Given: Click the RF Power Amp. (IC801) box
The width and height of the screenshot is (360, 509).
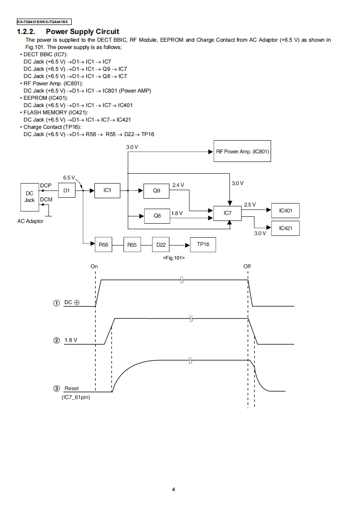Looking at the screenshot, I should coord(242,152).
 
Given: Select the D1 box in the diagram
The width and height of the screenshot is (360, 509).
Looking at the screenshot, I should coord(67,191).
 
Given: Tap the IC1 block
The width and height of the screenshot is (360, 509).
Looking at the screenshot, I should coord(107,191).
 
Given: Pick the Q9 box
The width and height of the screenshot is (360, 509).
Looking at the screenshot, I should coord(156,191).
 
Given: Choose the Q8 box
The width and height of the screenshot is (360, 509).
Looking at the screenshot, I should coord(157,216).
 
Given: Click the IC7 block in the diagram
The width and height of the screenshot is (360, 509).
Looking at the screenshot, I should coord(228,212).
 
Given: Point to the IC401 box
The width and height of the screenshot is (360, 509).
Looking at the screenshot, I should coord(286,210).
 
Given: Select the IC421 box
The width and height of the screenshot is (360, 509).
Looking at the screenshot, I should coord(286,228).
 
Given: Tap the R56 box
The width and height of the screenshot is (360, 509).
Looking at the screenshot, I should coord(104,245).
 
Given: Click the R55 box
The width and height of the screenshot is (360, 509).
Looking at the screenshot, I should coord(132,245).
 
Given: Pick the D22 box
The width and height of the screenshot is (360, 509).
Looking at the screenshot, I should coord(161,245).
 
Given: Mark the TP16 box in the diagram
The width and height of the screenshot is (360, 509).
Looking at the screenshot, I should coord(203,245).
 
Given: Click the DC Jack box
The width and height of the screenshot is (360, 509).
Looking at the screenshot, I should coord(30,197).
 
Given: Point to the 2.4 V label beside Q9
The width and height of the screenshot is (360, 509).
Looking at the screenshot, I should coord(178,185).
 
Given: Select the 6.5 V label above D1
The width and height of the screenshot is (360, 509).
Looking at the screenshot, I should coord(69,177).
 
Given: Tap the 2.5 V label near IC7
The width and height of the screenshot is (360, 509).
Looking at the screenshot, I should coord(250,205).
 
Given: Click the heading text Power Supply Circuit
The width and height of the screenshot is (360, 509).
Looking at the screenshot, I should coord(82,31).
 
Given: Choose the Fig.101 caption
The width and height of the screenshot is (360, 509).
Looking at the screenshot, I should coord(173,258).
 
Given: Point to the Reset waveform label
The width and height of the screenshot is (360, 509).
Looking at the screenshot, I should coord(71,388).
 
